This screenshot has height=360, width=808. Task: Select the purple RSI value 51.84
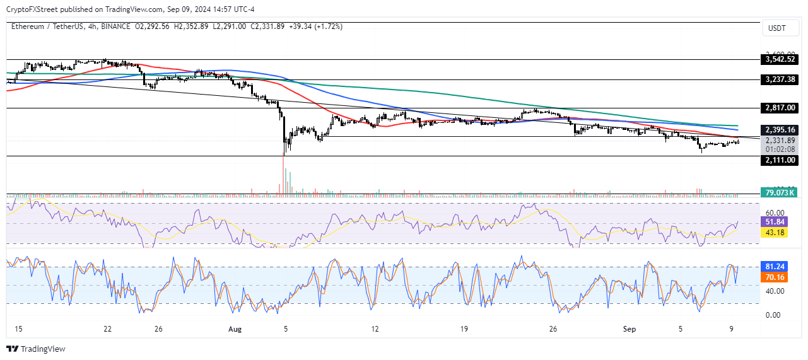(775, 222)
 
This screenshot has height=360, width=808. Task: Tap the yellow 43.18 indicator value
(775, 233)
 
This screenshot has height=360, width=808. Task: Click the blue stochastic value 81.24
(775, 266)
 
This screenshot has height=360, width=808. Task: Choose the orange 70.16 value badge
(775, 277)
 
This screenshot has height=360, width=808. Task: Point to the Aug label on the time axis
(234, 328)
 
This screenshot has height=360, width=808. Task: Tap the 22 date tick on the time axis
(107, 328)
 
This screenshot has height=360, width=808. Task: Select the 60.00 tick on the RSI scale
(775, 213)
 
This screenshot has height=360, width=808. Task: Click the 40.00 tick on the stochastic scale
(775, 291)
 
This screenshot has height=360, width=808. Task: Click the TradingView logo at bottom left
(36, 349)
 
